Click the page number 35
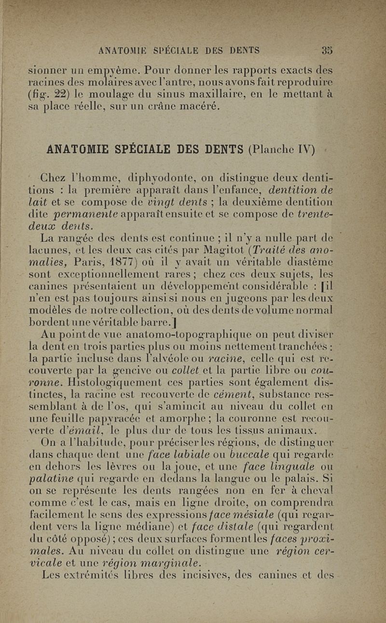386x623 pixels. click(327, 50)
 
